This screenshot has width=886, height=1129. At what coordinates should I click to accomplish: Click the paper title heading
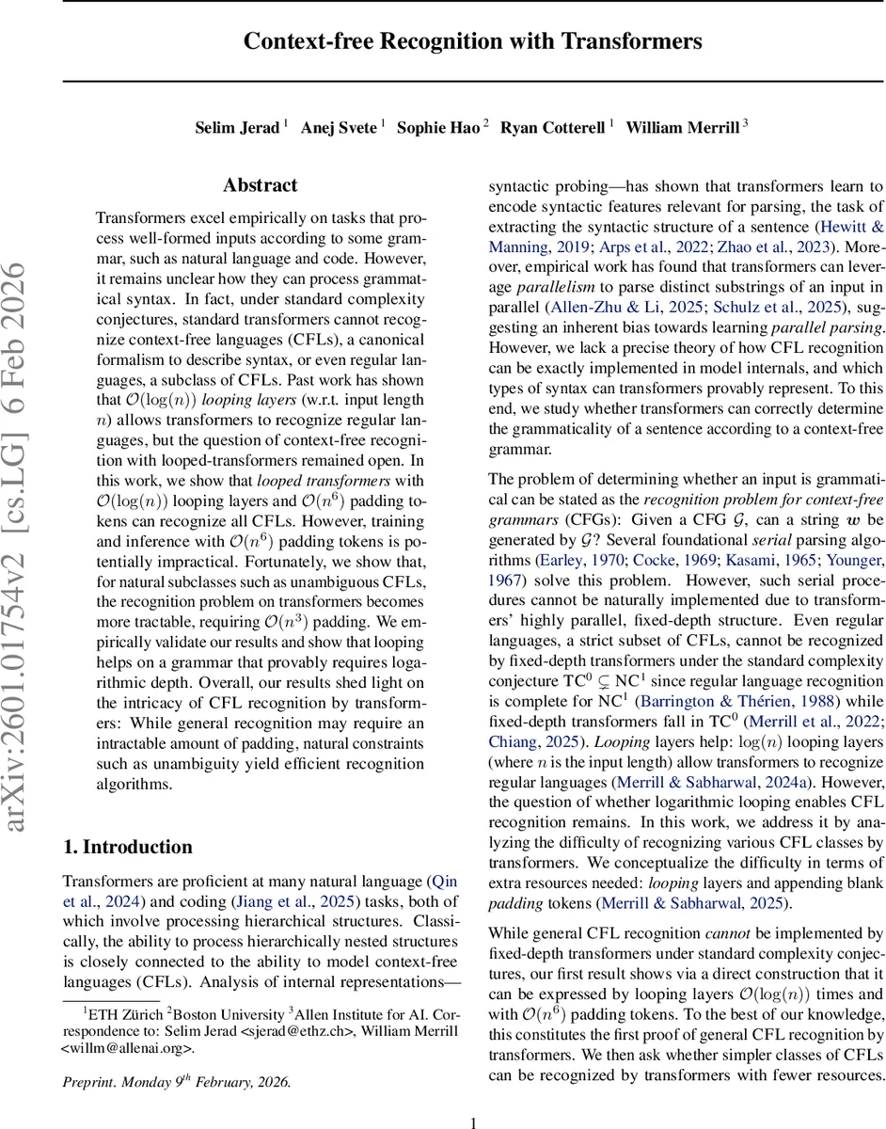pos(472,42)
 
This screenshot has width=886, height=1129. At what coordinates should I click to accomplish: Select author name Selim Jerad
pos(238,127)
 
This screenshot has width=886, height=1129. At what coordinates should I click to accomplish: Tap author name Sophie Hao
pos(437,127)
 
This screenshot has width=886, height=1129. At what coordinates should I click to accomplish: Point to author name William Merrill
pos(672,127)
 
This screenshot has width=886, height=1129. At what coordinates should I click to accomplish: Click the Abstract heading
pos(260,185)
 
